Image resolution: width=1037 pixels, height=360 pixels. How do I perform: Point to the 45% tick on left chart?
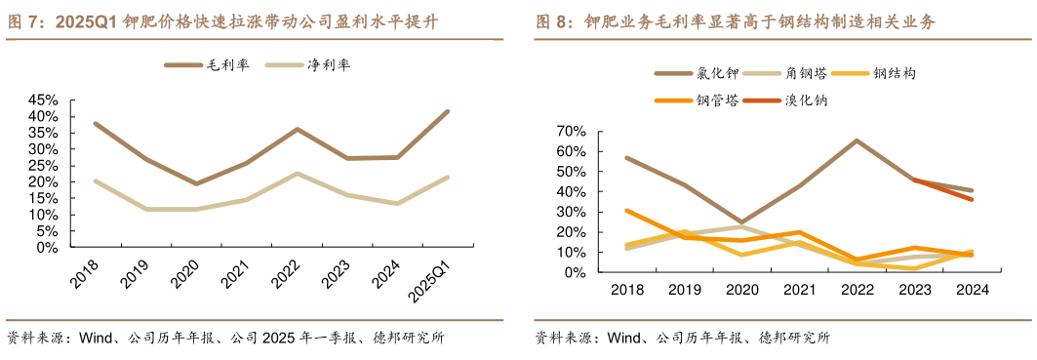point(43,100)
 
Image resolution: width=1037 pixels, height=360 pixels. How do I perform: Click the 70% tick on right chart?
point(571,131)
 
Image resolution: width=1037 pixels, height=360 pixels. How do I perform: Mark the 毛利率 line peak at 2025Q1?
point(448,111)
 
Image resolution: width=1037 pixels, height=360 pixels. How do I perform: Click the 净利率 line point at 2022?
point(298,174)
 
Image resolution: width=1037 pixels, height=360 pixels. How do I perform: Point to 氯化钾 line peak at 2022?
point(857,140)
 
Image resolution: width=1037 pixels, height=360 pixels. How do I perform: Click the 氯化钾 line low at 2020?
point(741,221)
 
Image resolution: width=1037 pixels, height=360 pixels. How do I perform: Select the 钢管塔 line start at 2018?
point(626,210)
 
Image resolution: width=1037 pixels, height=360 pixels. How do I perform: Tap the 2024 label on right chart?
point(972,290)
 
